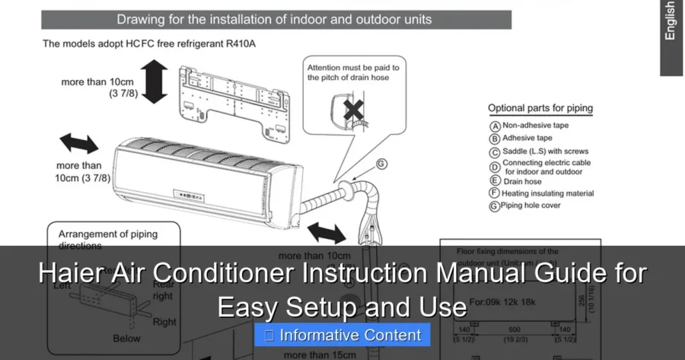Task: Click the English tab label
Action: click(670, 21)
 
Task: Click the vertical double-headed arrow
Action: click(155, 82)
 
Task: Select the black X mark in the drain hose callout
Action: click(353, 110)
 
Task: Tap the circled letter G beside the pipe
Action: click(382, 163)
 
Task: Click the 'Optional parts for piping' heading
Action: click(540, 108)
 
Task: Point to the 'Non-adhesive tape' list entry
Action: click(535, 125)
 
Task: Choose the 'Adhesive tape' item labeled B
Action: click(527, 139)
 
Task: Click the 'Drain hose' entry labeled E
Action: click(522, 181)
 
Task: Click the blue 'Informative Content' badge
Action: click(342, 335)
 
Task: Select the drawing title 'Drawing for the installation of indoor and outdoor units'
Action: click(274, 19)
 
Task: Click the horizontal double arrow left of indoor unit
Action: click(80, 144)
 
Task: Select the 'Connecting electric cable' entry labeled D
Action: click(546, 167)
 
